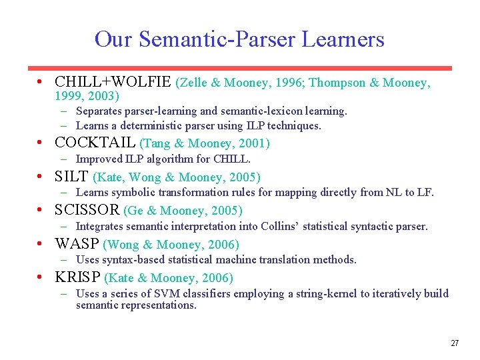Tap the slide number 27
(455, 343)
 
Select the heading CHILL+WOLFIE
(113, 82)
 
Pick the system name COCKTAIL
(95, 143)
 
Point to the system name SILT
(71, 177)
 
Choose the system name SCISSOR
(87, 210)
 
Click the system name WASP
(77, 244)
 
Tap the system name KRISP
(77, 277)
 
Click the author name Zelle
(193, 83)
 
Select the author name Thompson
(337, 83)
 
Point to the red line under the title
(239, 67)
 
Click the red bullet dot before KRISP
(42, 277)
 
